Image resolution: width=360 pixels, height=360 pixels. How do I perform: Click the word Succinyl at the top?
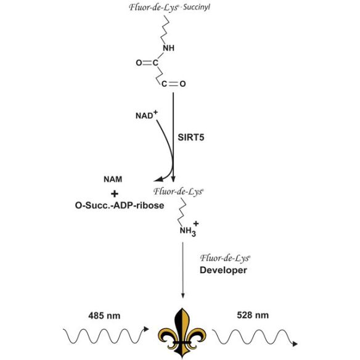pos(197,7)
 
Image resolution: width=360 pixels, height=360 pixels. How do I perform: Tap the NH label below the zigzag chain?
pos(169,48)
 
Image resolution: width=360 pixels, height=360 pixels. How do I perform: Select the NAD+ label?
pos(147,115)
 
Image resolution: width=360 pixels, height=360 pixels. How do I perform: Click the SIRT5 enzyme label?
pos(191,137)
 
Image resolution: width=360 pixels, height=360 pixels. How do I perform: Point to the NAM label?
pos(113,179)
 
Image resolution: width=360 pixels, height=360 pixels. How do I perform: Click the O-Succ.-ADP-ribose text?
pos(120,205)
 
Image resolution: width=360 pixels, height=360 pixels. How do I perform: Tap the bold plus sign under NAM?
pos(115,194)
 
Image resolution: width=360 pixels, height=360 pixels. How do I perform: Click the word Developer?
pos(223,270)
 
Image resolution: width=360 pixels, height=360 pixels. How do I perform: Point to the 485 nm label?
pos(104,316)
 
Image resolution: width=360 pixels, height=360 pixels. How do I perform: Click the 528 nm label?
pos(253,315)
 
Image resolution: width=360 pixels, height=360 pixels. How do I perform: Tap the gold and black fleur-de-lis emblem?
pos(182,333)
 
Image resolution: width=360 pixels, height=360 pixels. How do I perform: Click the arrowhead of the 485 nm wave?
pos(146,329)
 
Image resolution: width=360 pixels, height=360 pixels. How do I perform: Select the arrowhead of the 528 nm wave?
pos(295,344)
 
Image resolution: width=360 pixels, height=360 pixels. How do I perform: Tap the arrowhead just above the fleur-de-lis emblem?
pos(182,296)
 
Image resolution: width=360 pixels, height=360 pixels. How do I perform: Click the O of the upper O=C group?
pos(139,63)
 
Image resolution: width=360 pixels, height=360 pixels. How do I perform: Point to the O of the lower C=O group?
pos(182,84)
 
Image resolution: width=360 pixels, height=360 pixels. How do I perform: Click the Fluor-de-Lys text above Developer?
pos(225,258)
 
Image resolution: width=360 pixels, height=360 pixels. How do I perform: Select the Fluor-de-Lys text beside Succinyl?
pos(153,7)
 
